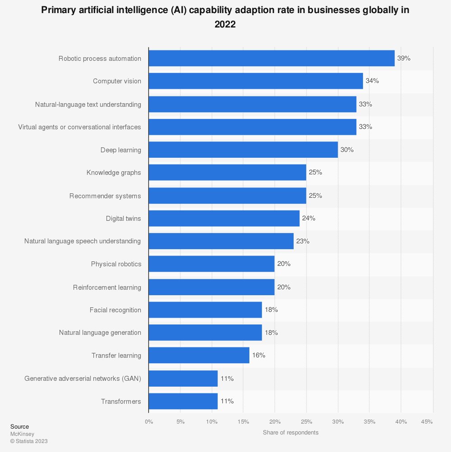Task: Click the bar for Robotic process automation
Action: tap(272, 58)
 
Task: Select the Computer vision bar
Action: tap(256, 81)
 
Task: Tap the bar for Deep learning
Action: tap(243, 150)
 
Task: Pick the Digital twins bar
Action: tap(224, 218)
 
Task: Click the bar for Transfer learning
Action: tap(199, 355)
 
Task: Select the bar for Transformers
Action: tap(183, 401)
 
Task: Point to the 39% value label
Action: tap(404, 58)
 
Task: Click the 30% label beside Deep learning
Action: tap(347, 150)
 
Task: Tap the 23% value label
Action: tap(303, 241)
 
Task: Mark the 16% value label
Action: tap(258, 355)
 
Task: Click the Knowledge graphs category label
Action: tap(114, 173)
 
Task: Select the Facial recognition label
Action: tap(115, 310)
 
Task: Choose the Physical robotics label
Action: tap(116, 264)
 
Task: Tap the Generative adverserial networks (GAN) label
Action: tap(83, 378)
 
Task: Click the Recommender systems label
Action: tap(105, 196)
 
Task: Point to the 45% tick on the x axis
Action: tap(427, 422)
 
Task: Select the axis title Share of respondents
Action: tap(290, 433)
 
